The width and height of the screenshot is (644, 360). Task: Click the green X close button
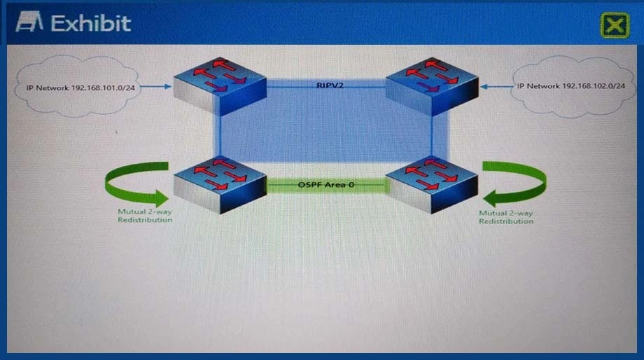(x=614, y=25)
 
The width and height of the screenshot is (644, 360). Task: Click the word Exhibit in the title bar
(x=91, y=23)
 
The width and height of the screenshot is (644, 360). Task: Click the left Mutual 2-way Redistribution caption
(x=145, y=216)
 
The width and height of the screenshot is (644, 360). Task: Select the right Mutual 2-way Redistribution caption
(x=506, y=216)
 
